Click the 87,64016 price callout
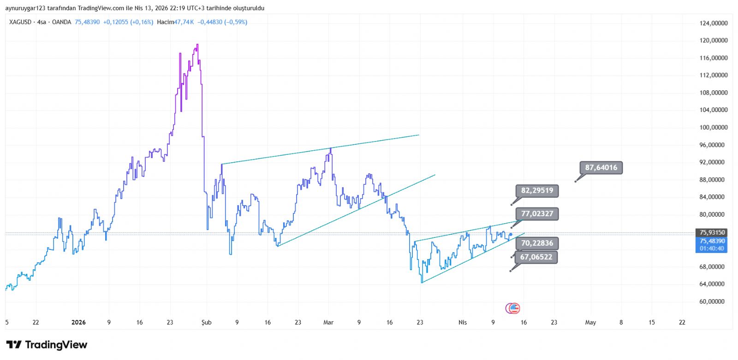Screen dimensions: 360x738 (601, 168)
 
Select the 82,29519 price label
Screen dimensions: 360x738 (537, 190)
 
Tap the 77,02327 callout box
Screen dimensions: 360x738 (537, 214)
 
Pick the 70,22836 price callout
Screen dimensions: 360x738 (537, 243)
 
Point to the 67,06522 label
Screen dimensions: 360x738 (536, 257)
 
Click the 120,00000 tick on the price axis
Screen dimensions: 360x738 (713, 41)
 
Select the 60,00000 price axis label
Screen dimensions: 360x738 (713, 301)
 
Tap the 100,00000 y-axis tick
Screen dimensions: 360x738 (713, 127)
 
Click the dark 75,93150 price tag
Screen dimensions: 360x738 (712, 232)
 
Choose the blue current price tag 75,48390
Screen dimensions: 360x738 (712, 241)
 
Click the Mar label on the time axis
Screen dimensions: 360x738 (328, 322)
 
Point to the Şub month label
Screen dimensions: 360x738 (206, 322)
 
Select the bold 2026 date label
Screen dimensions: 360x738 (78, 322)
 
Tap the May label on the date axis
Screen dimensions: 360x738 (590, 322)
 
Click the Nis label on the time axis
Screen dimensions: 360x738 (462, 322)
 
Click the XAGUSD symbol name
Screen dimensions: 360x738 (20, 22)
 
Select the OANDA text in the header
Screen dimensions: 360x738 (61, 22)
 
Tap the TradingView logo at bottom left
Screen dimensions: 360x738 (47, 345)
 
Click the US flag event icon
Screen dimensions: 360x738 (513, 308)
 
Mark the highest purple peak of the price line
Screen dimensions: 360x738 (197, 45)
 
